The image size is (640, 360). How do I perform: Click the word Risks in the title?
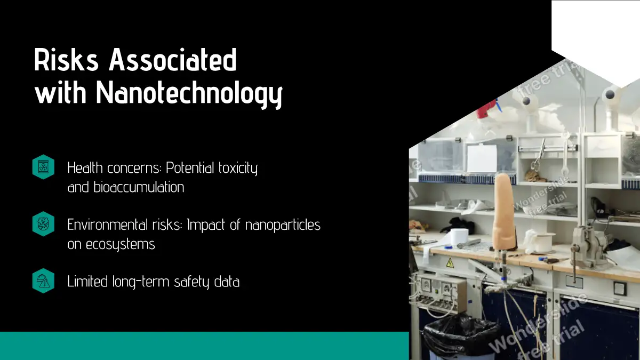(66, 59)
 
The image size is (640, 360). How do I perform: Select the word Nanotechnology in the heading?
(189, 93)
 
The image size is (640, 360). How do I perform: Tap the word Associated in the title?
(173, 59)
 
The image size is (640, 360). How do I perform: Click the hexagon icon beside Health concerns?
(43, 167)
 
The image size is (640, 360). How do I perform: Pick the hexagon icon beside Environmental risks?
(43, 223)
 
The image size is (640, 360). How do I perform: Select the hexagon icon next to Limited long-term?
(43, 281)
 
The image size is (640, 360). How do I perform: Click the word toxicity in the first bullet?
(238, 168)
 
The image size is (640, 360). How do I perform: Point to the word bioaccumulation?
(139, 187)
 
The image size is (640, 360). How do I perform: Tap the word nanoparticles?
(283, 225)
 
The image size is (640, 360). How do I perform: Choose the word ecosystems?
(121, 245)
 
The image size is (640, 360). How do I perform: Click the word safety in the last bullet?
(191, 282)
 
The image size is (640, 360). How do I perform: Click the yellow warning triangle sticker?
(450, 263)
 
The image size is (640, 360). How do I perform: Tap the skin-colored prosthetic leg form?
(505, 212)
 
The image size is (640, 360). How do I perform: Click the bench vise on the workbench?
(587, 246)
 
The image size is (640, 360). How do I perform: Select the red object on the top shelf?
(486, 110)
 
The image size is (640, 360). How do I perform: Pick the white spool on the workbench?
(545, 243)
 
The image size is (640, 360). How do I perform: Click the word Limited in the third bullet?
(87, 282)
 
